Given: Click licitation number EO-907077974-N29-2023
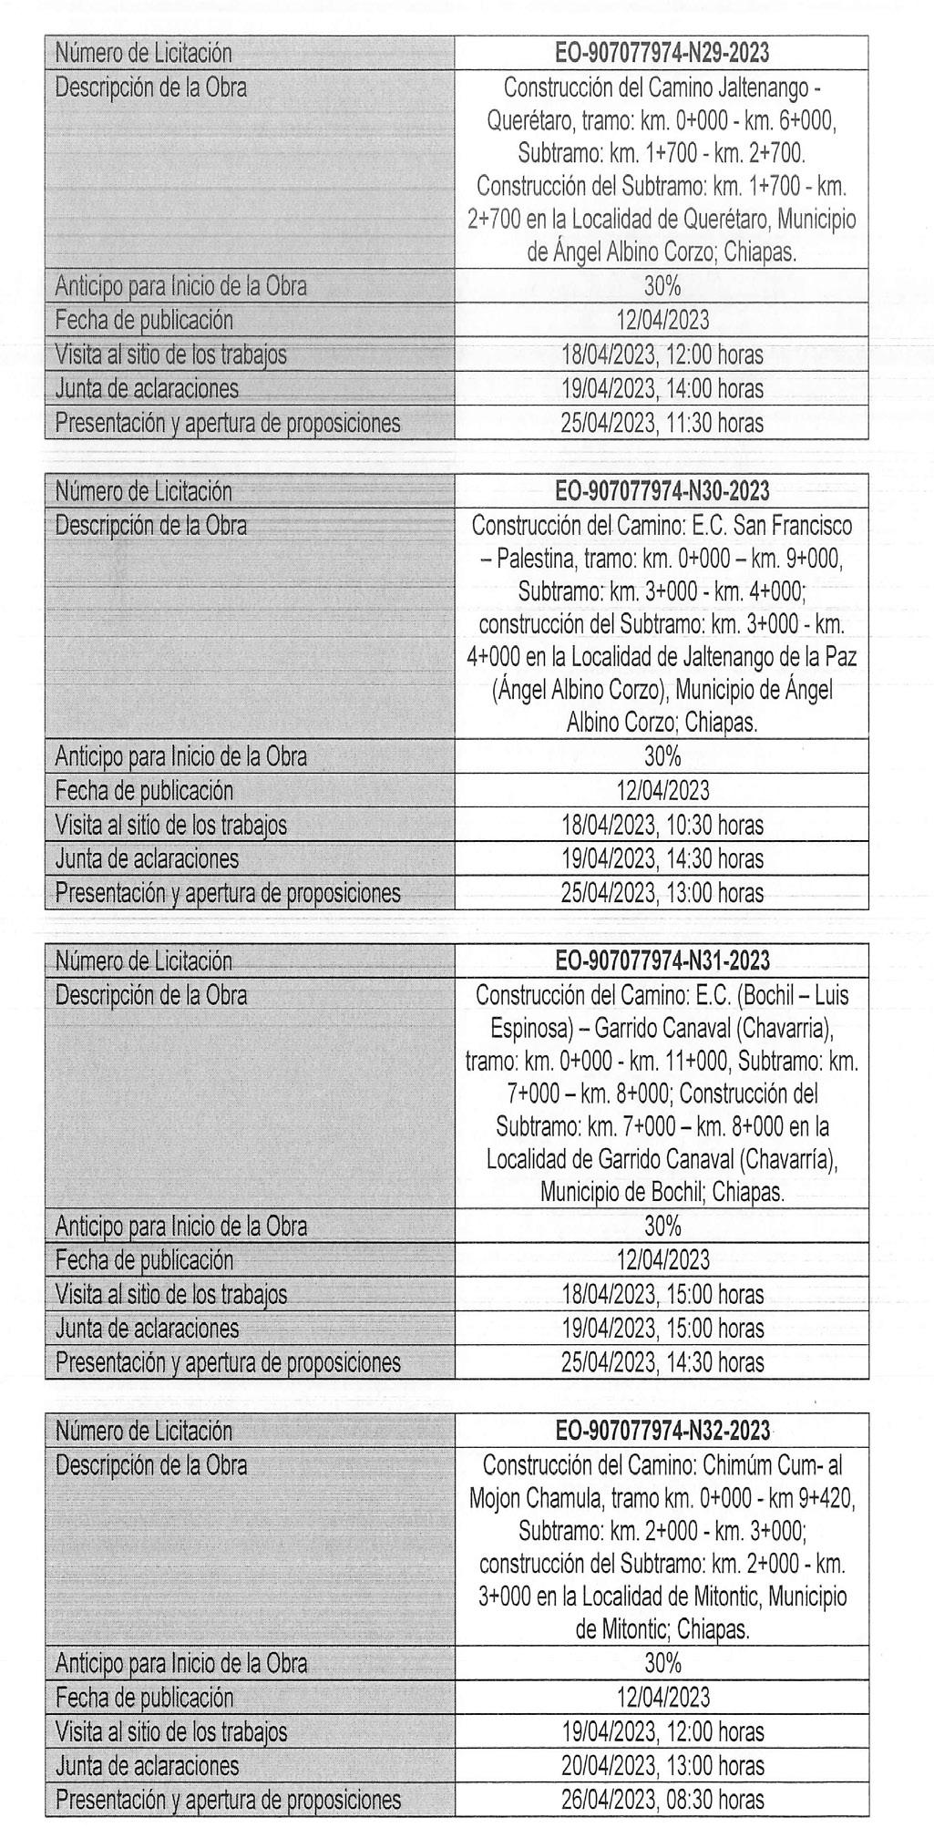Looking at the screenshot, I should pos(662,54).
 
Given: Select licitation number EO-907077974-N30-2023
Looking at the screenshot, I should pos(662,492).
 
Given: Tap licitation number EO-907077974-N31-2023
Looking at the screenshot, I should pos(662,960).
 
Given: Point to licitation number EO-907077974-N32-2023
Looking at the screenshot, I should pos(662,1431).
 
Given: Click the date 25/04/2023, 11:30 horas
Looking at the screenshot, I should pos(662,424).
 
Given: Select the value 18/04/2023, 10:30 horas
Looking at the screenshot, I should pos(662,826).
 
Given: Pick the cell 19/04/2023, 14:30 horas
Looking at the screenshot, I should pos(662,859).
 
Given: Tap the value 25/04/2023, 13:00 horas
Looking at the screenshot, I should pos(662,893).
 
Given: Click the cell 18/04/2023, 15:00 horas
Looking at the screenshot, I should pos(662,1295).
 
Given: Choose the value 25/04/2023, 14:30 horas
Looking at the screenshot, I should pos(662,1363).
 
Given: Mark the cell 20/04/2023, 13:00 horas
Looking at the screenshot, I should pos(662,1766).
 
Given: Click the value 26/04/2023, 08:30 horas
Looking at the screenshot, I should pos(662,1800).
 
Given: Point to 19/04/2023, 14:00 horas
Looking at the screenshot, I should pos(662,390).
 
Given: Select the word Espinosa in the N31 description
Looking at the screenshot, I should pos(531,1029).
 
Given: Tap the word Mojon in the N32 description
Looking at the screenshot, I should pos(496,1498).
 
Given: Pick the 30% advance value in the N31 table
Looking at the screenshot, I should pos(662,1227).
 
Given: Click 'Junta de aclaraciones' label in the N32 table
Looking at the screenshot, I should pos(147,1766).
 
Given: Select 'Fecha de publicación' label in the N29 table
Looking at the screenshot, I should pos(144,321).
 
